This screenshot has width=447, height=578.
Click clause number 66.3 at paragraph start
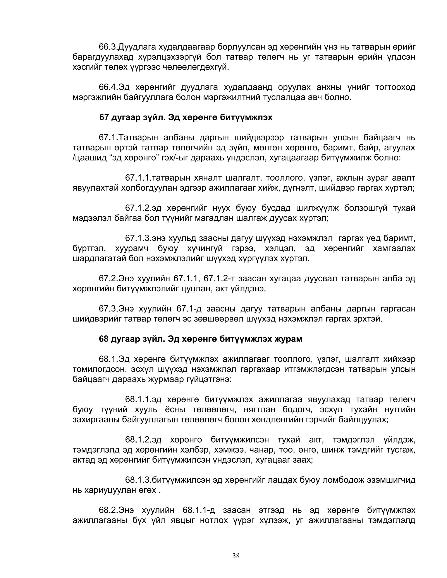[x=108, y=47]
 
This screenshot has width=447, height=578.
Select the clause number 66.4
[x=108, y=87]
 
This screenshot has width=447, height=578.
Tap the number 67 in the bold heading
[x=104, y=118]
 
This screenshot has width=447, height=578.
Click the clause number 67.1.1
[x=138, y=178]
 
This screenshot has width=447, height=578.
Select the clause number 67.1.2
[x=138, y=208]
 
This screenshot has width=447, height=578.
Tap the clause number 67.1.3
[x=138, y=238]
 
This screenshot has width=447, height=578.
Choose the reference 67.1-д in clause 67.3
[x=189, y=309]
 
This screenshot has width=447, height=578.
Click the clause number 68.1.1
[x=138, y=399]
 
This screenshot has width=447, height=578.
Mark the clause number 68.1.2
[x=138, y=440]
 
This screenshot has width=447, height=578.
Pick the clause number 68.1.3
[x=138, y=480]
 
